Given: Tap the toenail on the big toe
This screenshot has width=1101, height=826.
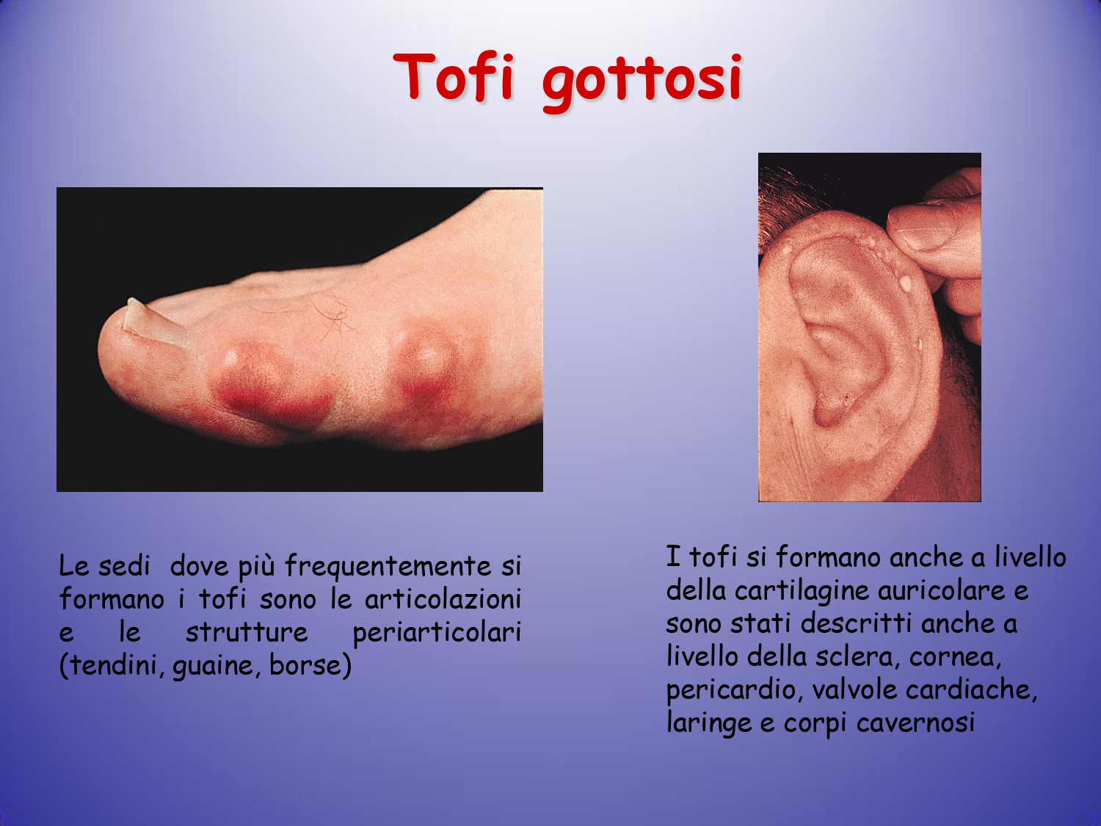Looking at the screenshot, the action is pos(152,322).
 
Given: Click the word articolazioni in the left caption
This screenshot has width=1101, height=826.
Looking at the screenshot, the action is pos(443,600).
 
